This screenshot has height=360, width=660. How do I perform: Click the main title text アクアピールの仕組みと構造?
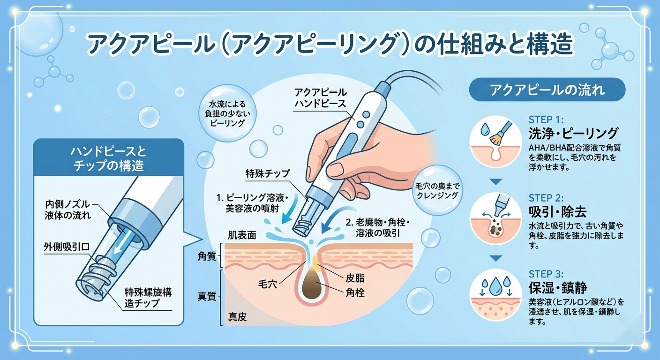330,46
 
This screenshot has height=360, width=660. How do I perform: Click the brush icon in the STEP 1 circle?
498,134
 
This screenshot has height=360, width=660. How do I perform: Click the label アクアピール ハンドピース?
320,98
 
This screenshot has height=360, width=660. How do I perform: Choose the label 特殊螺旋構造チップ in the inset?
148,298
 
